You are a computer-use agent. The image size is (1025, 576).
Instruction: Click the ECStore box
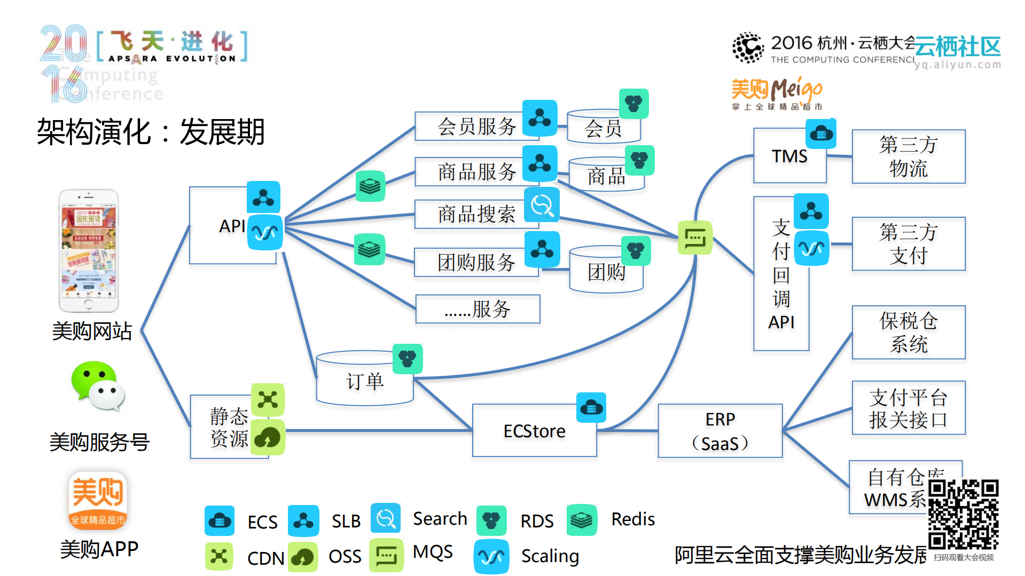[x=534, y=430]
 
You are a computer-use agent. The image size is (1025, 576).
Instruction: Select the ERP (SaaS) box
[x=720, y=431]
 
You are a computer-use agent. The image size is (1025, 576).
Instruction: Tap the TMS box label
[x=789, y=156]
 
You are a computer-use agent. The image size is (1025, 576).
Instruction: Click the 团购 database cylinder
[x=606, y=271]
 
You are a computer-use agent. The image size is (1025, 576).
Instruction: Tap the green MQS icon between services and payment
[x=695, y=238]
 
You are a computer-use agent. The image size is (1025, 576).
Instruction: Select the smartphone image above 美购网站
[x=89, y=250]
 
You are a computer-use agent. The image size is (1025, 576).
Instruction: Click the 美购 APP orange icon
[x=98, y=500]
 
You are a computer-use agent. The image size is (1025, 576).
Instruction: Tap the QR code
[x=963, y=514]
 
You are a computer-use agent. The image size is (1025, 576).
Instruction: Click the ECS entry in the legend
[x=262, y=522]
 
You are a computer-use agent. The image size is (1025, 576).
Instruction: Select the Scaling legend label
[x=550, y=556]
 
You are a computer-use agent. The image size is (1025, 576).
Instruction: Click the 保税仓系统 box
[x=908, y=332]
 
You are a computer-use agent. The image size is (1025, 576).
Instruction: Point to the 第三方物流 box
[x=908, y=156]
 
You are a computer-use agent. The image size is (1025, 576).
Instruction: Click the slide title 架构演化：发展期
[x=151, y=132]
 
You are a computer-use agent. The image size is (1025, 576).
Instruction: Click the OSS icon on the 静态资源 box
[x=268, y=437]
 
